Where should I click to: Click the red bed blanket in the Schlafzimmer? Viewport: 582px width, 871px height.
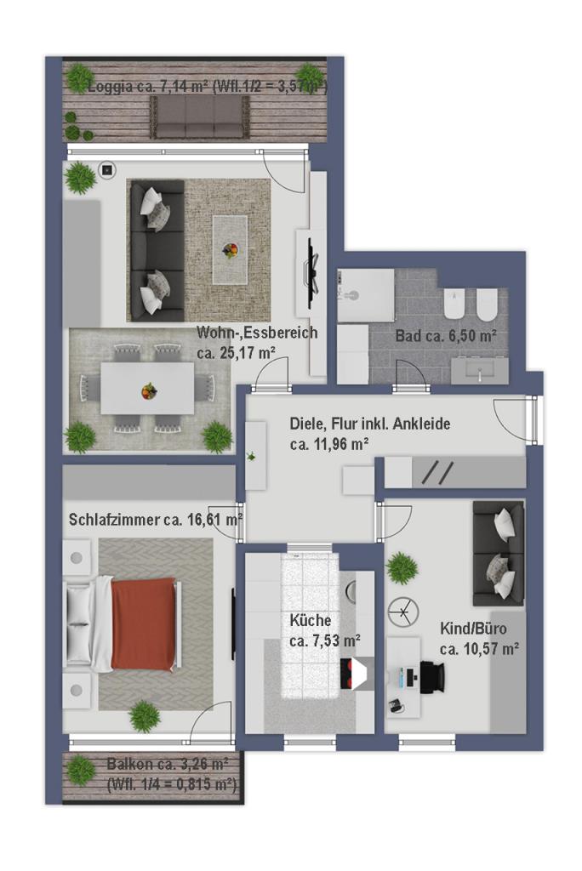coord(144,623)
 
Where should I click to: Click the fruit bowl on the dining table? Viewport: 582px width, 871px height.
coord(148,391)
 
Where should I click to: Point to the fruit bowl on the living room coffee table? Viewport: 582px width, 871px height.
coord(230,250)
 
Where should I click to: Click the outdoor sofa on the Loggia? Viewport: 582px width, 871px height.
coord(199,117)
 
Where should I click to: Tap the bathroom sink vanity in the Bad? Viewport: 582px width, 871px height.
coord(479,370)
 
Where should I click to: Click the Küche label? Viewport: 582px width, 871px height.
coord(311,620)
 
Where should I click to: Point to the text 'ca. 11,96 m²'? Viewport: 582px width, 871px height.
coord(329,444)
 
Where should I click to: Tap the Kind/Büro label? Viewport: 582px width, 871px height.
coord(473,629)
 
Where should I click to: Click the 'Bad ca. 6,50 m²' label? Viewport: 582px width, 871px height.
coord(446,335)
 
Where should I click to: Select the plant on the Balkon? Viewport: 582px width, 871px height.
coord(81,769)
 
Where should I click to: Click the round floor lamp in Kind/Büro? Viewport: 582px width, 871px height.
coord(402,612)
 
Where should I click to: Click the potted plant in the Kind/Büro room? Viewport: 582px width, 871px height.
coord(402,568)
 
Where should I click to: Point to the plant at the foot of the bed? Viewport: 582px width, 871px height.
coord(145,716)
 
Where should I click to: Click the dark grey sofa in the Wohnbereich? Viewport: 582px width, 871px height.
coord(157,251)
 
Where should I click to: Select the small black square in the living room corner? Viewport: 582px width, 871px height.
coord(107,170)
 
